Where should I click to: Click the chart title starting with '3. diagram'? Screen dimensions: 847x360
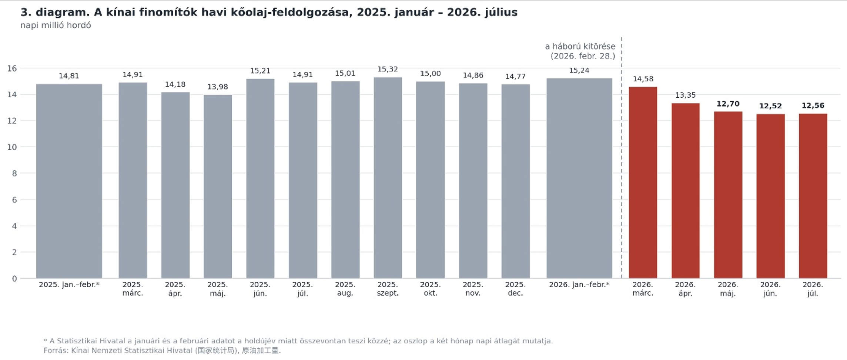pos(269,12)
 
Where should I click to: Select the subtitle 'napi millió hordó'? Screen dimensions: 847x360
pos(56,25)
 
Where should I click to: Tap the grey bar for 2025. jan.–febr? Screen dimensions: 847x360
pos(69,181)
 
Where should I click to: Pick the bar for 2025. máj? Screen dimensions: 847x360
pos(218,186)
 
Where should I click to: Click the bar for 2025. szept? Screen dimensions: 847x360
pos(388,178)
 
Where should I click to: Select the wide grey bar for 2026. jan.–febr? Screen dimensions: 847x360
pos(579,178)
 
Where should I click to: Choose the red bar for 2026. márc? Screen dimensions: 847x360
pos(643,182)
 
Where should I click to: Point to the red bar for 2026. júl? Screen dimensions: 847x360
pos(813,196)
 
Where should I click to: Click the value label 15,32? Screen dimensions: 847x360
pos(388,69)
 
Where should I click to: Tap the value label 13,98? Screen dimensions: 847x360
pos(218,87)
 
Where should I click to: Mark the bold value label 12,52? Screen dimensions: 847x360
pos(770,106)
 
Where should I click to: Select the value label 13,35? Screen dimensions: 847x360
pos(686,95)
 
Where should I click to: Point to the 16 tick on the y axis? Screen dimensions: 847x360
pos(12,68)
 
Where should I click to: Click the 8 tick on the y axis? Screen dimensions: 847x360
pos(14,173)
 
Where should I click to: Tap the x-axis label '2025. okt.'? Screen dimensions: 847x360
pos(430,289)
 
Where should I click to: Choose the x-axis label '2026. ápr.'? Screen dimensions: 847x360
pos(685,289)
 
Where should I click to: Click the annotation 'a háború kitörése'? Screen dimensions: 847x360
pos(580,46)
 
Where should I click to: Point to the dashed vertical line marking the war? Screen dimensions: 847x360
pos(622,158)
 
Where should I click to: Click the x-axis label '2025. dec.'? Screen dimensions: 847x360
pos(515,289)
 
